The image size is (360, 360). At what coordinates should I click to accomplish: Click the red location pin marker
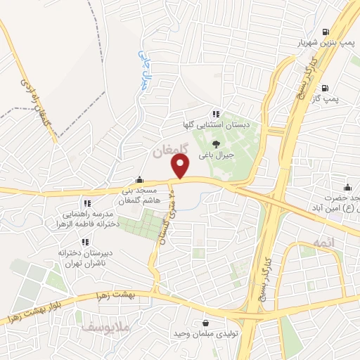181,167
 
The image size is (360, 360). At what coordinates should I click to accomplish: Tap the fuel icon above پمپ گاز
326,89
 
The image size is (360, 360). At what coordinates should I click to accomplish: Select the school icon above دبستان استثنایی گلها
217,113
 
